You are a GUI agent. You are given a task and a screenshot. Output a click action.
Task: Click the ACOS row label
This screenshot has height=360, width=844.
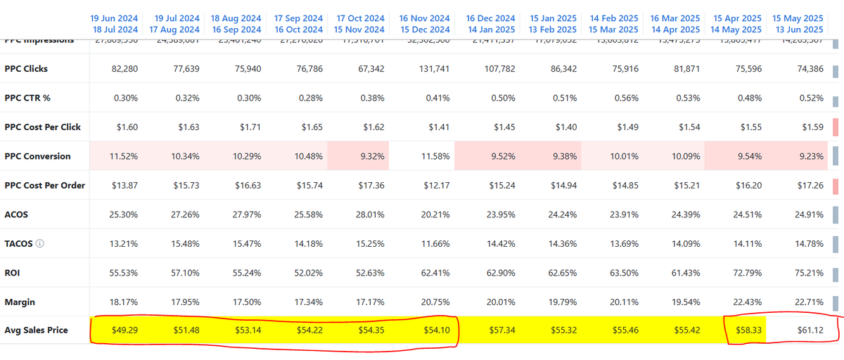[16, 214]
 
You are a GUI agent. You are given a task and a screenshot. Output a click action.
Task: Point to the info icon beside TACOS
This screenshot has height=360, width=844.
[39, 244]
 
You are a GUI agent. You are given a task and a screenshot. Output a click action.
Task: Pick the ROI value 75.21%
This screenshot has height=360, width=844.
[808, 272]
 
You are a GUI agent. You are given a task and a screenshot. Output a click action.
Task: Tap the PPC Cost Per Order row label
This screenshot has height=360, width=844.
[44, 186]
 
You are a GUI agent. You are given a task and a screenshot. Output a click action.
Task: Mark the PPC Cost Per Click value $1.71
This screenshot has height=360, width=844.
[249, 127]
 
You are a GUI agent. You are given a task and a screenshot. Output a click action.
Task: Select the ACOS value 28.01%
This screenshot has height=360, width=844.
[369, 214]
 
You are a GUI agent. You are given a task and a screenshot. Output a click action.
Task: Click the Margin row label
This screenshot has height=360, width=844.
[20, 302]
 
